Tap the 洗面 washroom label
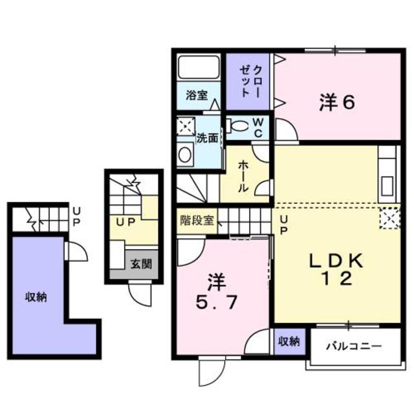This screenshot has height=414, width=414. [x=207, y=138]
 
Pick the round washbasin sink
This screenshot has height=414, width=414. [x=186, y=155]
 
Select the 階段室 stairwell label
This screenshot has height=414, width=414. [x=197, y=219]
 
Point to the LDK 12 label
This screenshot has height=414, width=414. [x=336, y=269]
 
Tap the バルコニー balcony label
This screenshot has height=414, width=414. [x=353, y=345]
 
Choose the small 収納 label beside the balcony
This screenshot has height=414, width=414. [x=289, y=341]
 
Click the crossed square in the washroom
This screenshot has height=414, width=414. [x=186, y=125]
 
